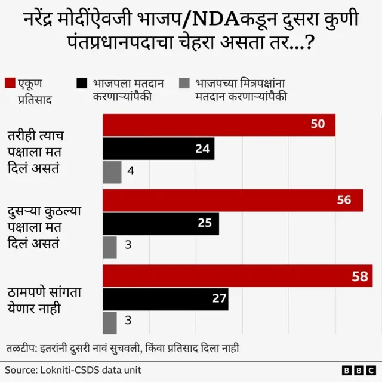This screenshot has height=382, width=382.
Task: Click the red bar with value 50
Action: (x=218, y=125)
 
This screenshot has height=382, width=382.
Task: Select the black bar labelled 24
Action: (x=158, y=149)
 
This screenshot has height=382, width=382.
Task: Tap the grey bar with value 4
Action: (x=112, y=172)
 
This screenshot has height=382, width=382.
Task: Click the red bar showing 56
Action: (x=233, y=201)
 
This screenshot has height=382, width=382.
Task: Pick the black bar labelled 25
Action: (x=161, y=224)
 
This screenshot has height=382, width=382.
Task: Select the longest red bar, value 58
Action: (x=238, y=276)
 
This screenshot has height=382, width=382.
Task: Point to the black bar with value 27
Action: (x=165, y=299)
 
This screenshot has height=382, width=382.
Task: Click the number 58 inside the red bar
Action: (x=359, y=276)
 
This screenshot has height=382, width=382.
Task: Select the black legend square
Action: (x=82, y=83)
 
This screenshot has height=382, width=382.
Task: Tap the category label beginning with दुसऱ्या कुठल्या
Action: (x=47, y=227)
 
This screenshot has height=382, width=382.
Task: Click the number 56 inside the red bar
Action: (x=344, y=201)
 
